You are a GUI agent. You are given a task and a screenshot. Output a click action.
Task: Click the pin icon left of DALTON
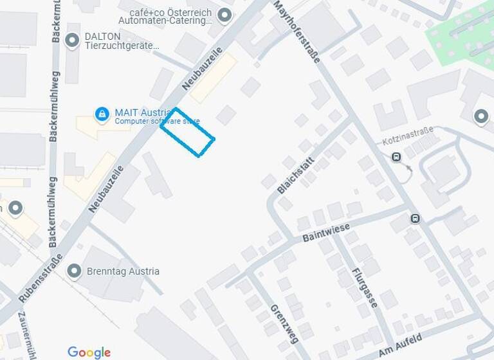tap(73, 39)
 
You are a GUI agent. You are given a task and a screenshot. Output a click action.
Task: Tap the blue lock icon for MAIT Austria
tap(102, 114)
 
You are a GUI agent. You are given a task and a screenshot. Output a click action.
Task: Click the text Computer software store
tap(157, 122)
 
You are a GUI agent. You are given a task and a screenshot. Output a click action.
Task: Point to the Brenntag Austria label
tap(123, 271)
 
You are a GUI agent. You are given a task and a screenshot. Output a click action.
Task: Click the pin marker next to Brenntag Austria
tap(75, 271)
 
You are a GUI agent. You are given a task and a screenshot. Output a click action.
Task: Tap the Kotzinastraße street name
tap(408, 136)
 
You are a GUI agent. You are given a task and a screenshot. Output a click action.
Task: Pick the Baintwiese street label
tap(326, 233)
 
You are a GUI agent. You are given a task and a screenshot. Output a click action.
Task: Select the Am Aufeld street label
tap(400, 345)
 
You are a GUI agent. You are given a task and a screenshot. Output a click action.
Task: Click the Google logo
tap(89, 352)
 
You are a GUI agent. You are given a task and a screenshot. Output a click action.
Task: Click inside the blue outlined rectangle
tap(187, 132)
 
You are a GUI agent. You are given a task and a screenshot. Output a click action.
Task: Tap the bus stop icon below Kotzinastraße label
tap(396, 156)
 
